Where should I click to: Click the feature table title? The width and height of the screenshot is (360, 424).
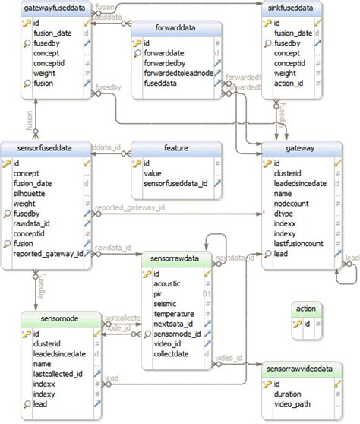(176, 150)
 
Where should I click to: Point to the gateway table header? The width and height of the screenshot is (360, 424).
(308, 150)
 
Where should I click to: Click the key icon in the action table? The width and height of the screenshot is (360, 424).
(297, 324)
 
